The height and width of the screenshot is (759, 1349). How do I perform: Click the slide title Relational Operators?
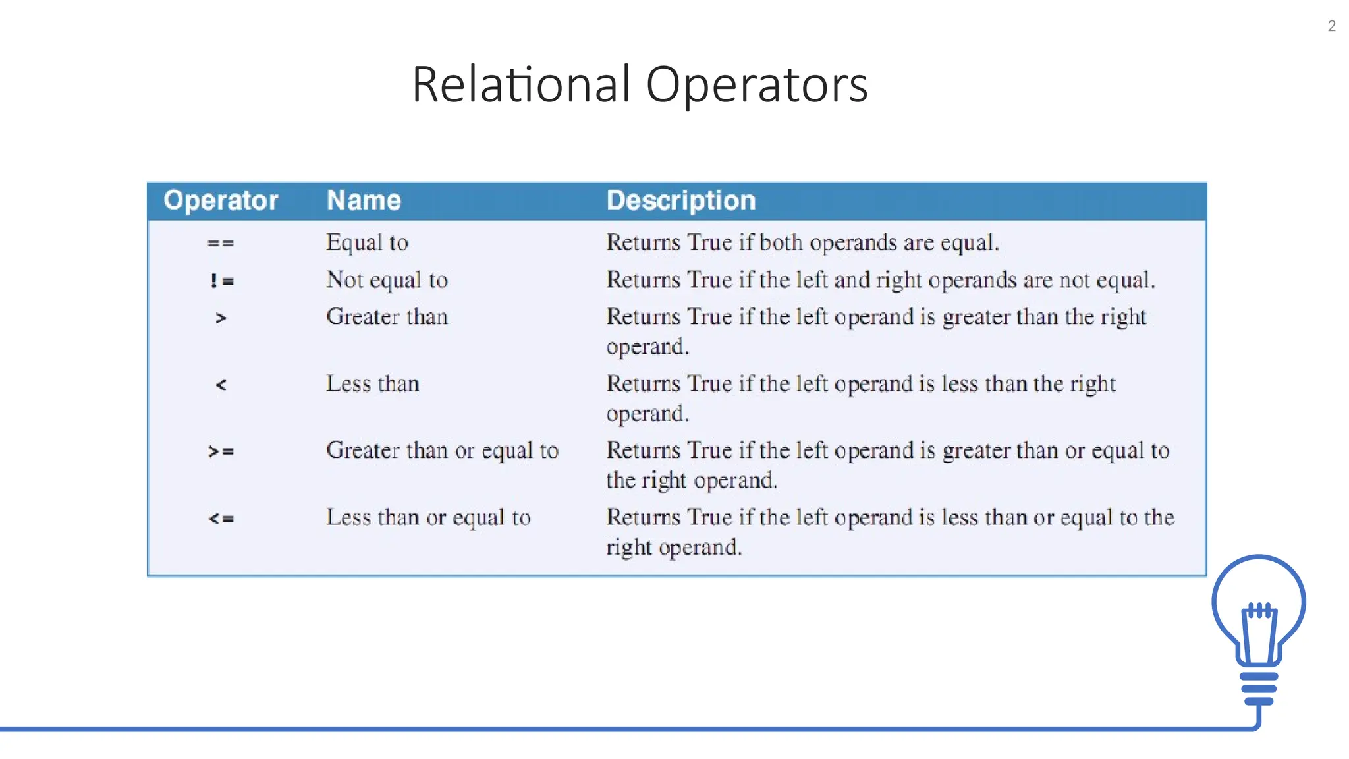[x=640, y=85]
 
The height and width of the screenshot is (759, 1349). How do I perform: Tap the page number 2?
[x=1331, y=26]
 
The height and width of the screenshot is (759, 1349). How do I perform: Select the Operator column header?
[x=221, y=200]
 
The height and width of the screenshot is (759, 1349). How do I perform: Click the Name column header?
[x=364, y=200]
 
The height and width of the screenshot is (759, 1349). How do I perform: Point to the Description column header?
[x=680, y=200]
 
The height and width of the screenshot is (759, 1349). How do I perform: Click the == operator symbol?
[x=221, y=244]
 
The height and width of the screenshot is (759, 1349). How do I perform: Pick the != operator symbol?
[x=221, y=281]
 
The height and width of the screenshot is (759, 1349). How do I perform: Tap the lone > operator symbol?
[x=221, y=318]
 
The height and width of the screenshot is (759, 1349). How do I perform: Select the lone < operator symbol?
[x=221, y=385]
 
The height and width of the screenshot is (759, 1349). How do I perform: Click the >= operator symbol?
[x=221, y=452]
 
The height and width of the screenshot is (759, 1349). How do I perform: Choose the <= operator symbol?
[x=221, y=519]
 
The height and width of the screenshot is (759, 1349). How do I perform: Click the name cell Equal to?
[x=367, y=243]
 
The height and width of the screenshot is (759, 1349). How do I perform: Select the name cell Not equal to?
[x=387, y=281]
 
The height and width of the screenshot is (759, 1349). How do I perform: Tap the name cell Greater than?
[x=387, y=317]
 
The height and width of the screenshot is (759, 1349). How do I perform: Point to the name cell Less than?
[x=372, y=384]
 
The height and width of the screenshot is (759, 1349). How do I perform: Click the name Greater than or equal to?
[x=442, y=451]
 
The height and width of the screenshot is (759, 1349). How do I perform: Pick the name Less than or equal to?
[x=428, y=518]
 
